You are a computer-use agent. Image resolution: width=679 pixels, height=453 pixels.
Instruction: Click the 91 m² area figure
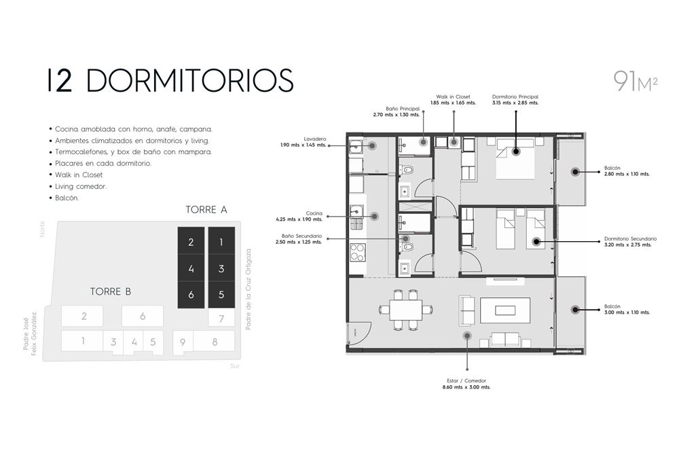pos(636,81)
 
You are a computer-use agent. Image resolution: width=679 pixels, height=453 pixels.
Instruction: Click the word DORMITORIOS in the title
pos(190,80)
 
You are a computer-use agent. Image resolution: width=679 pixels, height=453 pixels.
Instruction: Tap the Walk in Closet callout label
pos(453,100)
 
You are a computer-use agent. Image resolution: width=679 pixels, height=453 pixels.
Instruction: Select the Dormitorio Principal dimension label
pos(515,100)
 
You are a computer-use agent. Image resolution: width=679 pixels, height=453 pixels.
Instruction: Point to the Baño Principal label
pos(397,112)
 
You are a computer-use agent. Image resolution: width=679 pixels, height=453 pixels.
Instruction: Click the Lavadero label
pos(303,142)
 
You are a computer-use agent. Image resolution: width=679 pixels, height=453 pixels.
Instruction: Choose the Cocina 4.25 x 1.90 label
pos(299,217)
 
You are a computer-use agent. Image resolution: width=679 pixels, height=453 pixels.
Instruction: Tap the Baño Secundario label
pos(299,239)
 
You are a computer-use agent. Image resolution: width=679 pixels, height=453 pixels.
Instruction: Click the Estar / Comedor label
pos(466,384)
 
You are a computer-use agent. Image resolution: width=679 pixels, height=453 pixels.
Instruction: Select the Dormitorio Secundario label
pos(631,242)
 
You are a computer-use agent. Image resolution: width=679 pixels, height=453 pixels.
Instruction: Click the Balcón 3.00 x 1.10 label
pos(627,309)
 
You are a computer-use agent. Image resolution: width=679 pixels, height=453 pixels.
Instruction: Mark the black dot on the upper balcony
pos(575,172)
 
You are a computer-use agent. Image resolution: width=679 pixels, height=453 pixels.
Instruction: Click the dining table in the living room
pos(406,310)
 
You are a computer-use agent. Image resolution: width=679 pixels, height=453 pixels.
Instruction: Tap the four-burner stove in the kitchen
pos(358,253)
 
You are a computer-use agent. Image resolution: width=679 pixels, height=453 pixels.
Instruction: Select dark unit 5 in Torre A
pos(221,295)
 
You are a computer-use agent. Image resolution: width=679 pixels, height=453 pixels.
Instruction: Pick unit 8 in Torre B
pos(215,342)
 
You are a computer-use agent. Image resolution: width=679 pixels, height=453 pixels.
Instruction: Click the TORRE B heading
pos(111,292)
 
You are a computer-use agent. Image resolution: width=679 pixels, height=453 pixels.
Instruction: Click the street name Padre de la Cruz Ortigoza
pos(249,289)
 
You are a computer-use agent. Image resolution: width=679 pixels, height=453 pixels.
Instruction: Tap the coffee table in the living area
pos(505,310)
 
